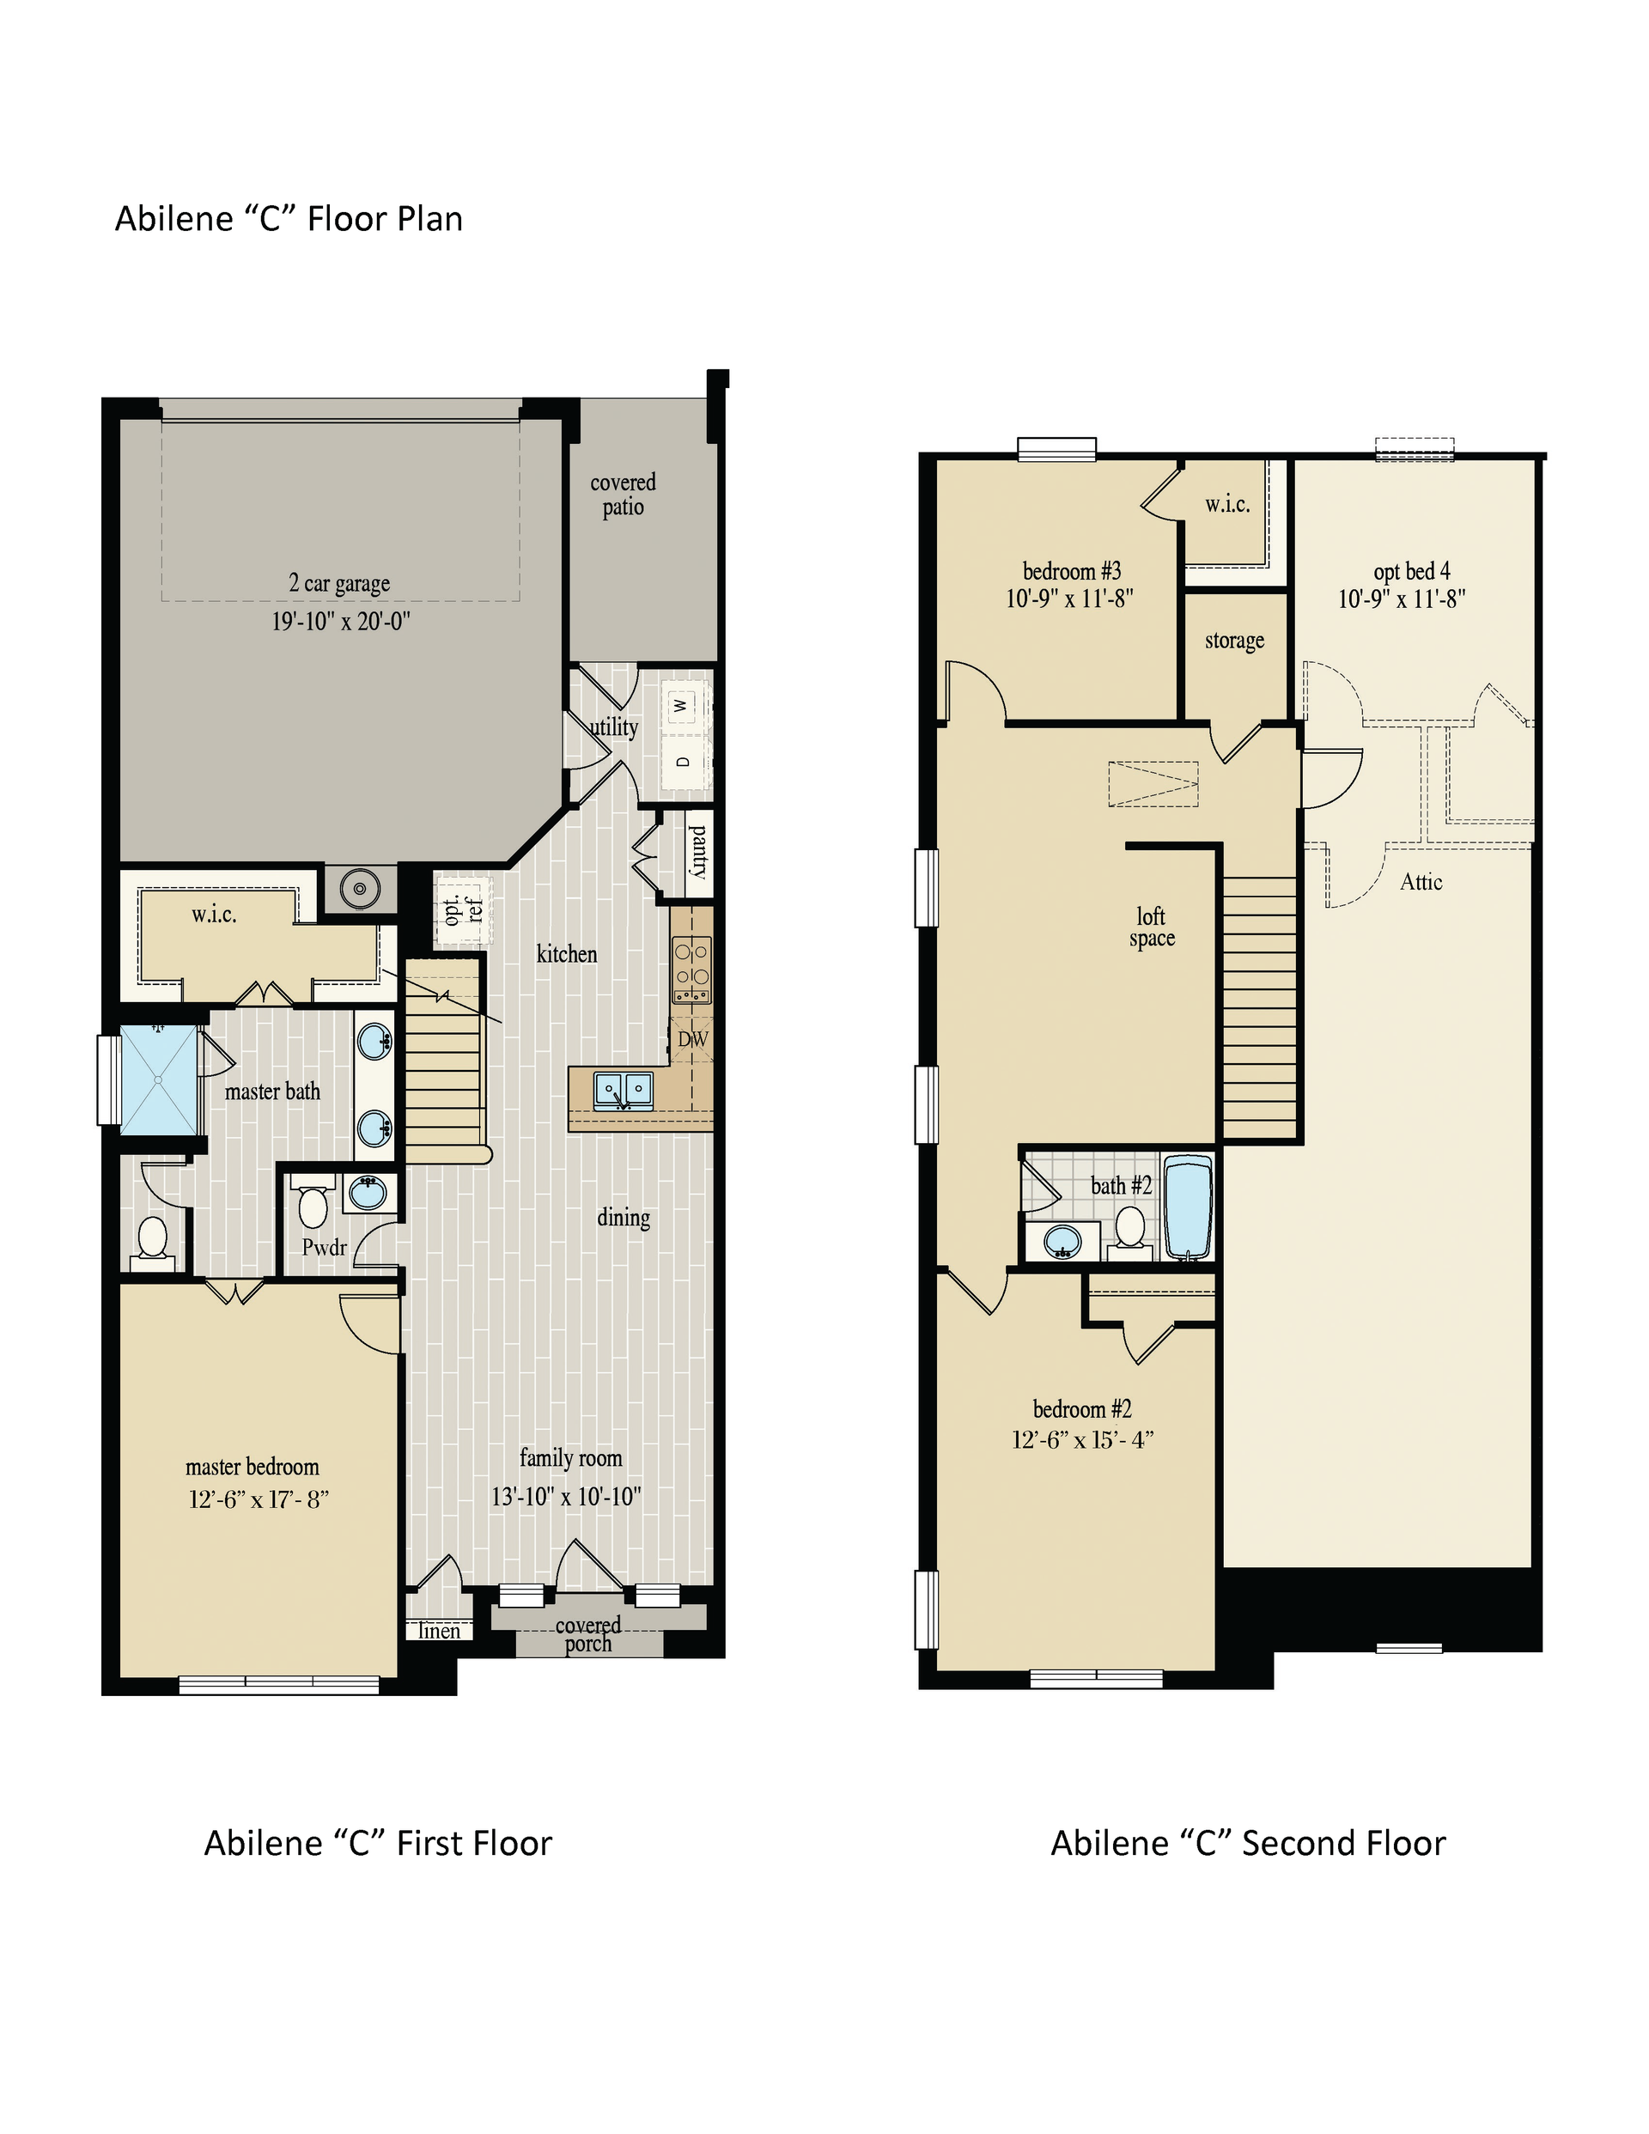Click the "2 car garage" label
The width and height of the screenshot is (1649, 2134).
click(339, 582)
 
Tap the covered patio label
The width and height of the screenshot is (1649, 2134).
click(623, 495)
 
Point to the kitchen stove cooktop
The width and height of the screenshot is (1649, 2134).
click(691, 970)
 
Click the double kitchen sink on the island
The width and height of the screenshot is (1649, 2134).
click(623, 1090)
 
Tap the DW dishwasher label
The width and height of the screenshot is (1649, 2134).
click(692, 1040)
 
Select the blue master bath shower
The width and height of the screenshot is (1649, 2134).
click(156, 1079)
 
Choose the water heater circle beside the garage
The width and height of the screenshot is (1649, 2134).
click(360, 888)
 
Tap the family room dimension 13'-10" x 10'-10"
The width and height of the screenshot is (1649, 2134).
click(566, 1496)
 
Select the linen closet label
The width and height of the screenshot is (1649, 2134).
click(439, 1630)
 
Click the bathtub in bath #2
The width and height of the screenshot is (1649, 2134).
click(1189, 1207)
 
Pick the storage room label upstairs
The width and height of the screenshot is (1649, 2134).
click(1234, 640)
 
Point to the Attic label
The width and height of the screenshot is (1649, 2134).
click(1421, 881)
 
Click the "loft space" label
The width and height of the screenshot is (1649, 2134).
click(1152, 927)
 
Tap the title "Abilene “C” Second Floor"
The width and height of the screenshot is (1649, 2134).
click(1247, 1843)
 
